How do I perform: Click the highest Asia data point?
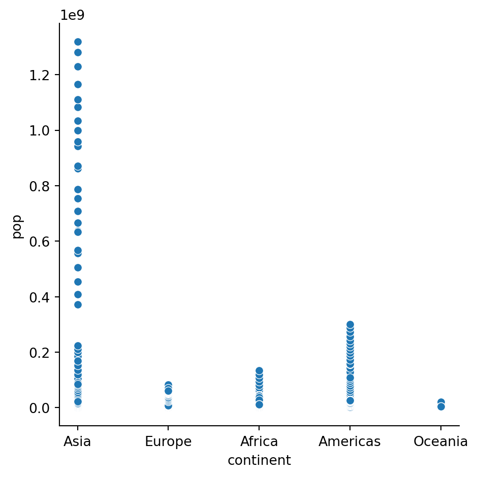[x=78, y=42]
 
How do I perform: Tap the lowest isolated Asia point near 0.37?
[x=78, y=304]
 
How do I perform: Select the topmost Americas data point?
[x=350, y=324]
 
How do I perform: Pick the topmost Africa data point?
[x=259, y=371]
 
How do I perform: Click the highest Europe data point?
[x=168, y=385]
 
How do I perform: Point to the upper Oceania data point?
[x=441, y=402]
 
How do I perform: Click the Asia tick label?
[x=78, y=442]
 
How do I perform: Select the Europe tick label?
[x=168, y=442]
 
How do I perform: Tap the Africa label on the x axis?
[x=259, y=442]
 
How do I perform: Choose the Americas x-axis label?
[x=349, y=442]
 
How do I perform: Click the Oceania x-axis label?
[x=440, y=442]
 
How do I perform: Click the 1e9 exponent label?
[x=72, y=15]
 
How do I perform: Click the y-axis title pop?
[x=17, y=227]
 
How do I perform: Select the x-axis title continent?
[x=259, y=461]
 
